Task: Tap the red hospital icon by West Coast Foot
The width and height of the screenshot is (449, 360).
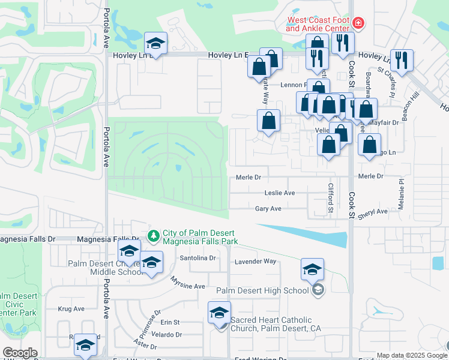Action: point(358,23)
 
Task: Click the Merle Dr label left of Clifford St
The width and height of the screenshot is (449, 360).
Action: point(249,177)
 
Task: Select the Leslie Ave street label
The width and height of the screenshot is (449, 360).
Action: point(280,193)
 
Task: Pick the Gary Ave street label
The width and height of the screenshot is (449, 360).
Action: point(268,209)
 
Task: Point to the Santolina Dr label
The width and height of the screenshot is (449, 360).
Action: point(197,258)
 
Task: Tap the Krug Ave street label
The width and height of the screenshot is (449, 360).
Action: point(71,309)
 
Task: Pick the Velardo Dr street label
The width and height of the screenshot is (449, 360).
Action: point(167,334)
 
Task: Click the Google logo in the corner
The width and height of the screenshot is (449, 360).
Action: point(19,353)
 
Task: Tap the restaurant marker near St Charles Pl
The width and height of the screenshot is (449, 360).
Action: point(402,60)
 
